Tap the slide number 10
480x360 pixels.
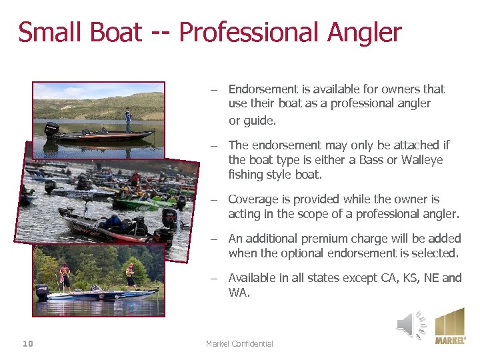[27, 343]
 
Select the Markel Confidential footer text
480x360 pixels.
[239, 343]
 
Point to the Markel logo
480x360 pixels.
[450, 326]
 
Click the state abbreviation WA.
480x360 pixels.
[238, 292]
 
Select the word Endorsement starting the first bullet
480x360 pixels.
[262, 89]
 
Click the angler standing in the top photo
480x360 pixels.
[127, 119]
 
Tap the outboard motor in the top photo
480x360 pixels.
[51, 129]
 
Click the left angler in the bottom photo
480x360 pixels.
[65, 275]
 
